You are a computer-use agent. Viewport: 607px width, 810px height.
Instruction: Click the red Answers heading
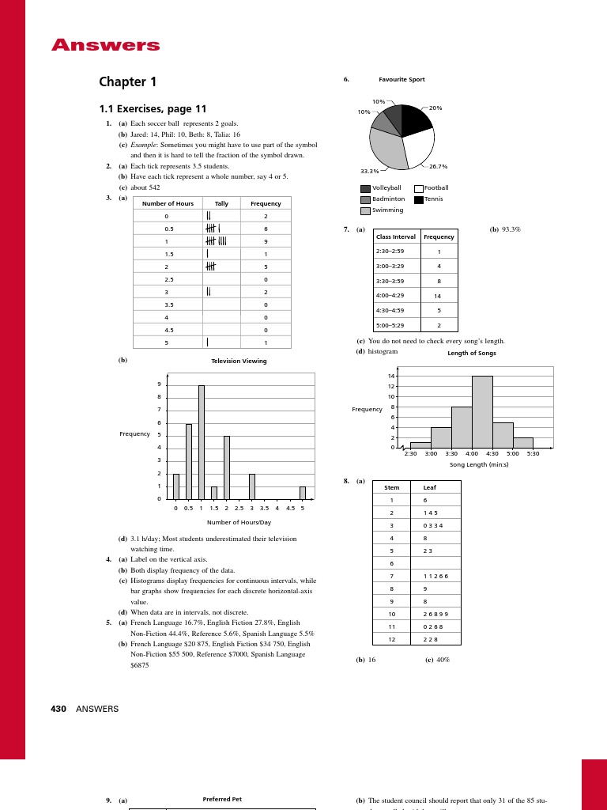[x=106, y=45]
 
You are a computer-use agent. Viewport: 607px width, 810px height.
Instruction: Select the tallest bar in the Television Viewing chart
[x=202, y=441]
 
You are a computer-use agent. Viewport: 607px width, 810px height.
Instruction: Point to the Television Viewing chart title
[x=239, y=361]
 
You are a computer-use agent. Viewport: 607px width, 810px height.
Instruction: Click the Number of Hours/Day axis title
[x=239, y=522]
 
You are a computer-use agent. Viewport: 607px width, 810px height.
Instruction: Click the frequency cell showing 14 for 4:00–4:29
[x=438, y=296]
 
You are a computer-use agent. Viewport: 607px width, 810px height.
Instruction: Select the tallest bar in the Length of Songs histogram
[x=482, y=411]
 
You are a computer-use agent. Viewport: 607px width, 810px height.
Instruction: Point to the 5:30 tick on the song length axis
[x=533, y=454]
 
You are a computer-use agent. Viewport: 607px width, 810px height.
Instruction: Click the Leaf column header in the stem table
[x=430, y=487]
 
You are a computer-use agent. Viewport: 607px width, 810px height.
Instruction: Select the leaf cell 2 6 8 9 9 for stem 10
[x=435, y=614]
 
